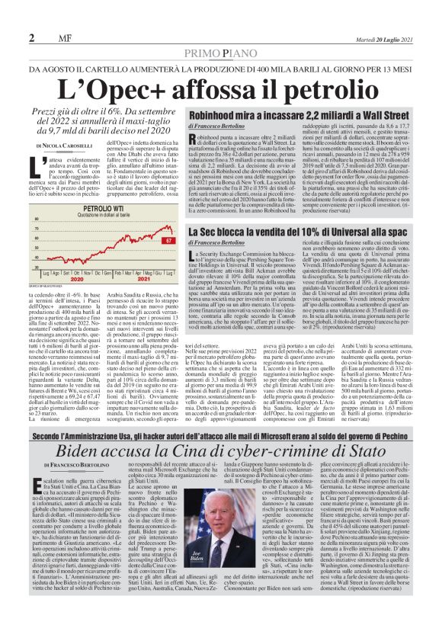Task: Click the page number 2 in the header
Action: click(x=31, y=37)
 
